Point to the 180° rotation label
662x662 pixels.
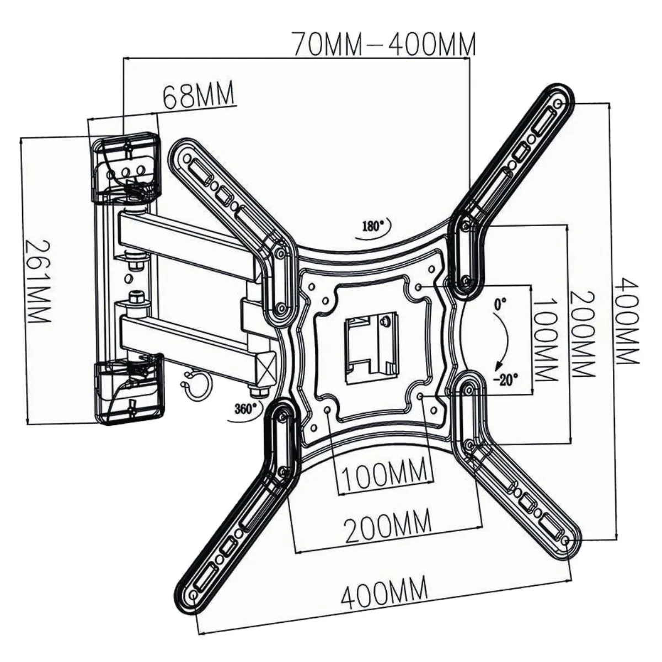[373, 227]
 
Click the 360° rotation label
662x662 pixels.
[246, 408]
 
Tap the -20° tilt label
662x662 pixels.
[506, 380]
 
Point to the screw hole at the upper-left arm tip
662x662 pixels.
[187, 159]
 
